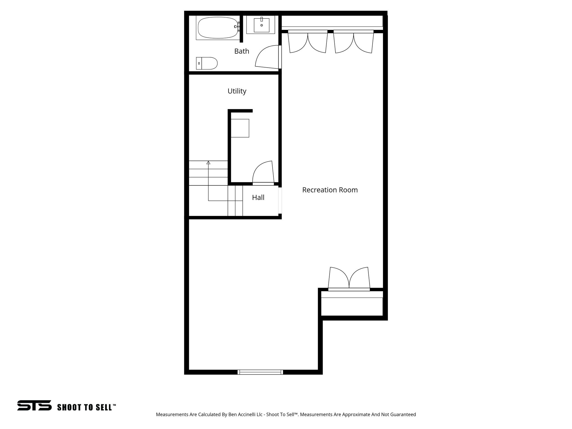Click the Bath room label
242,51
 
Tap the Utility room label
237,91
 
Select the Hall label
258,197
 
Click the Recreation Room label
330,190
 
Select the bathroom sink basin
262,25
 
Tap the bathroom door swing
267,57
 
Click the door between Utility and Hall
263,173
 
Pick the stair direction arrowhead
208,162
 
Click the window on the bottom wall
260,372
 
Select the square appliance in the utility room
240,128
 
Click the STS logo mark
34,405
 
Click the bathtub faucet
237,27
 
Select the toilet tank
199,63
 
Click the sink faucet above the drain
262,19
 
